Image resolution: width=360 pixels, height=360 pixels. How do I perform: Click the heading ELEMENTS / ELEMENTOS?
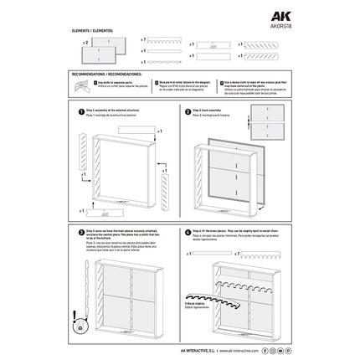pyautogui.click(x=90, y=29)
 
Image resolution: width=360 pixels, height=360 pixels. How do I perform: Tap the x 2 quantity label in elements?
pyautogui.click(x=85, y=41)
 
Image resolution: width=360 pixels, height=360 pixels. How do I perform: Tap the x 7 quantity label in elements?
pyautogui.click(x=144, y=39)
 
